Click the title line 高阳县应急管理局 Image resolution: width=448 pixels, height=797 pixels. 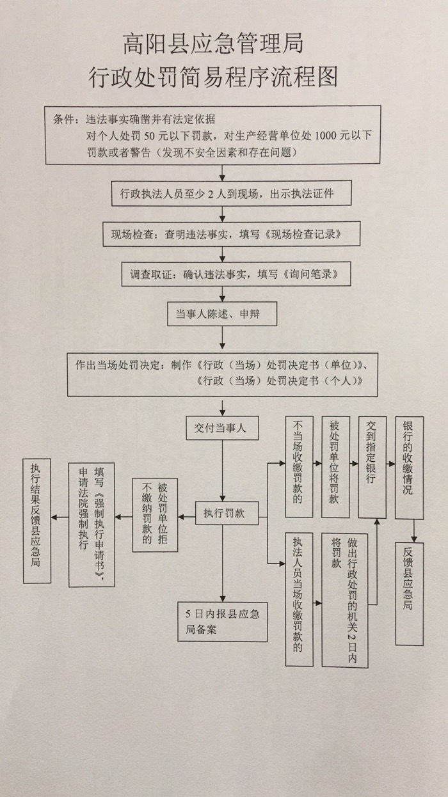coord(213,44)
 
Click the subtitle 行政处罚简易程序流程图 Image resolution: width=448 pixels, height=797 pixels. coord(213,77)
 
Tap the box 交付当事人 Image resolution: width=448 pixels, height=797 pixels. coord(220,428)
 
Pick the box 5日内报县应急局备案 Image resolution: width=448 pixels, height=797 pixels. coord(222,620)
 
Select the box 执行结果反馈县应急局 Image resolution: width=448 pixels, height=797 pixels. coord(36,519)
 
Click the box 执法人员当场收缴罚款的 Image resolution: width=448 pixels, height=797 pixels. coord(298,599)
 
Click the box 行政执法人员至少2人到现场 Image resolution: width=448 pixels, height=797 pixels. coord(223,193)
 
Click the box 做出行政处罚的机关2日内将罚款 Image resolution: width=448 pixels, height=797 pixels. coord(345,599)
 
